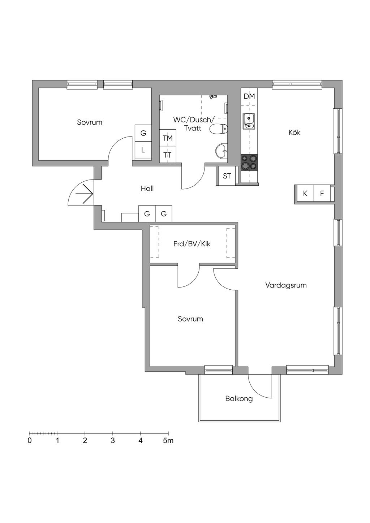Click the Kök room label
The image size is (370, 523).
click(294, 133)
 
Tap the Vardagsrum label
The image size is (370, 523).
click(286, 285)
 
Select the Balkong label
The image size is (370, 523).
click(239, 399)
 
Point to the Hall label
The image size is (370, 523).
click(147, 189)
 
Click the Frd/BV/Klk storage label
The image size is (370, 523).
click(192, 244)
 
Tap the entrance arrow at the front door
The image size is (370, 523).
click(84, 194)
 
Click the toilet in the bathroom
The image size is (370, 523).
click(219, 129)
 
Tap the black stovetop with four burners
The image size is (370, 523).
click(249, 162)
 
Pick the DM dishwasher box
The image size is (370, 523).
click(249, 96)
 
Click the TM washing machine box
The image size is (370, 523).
click(168, 138)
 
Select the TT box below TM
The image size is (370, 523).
click(167, 155)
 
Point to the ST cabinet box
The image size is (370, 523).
click(227, 176)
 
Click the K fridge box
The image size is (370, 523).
click(305, 194)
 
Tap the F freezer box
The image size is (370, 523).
click(322, 194)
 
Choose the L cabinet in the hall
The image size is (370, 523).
click(143, 150)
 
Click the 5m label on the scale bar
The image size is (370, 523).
click(168, 441)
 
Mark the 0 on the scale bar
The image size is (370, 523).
click(30, 441)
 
